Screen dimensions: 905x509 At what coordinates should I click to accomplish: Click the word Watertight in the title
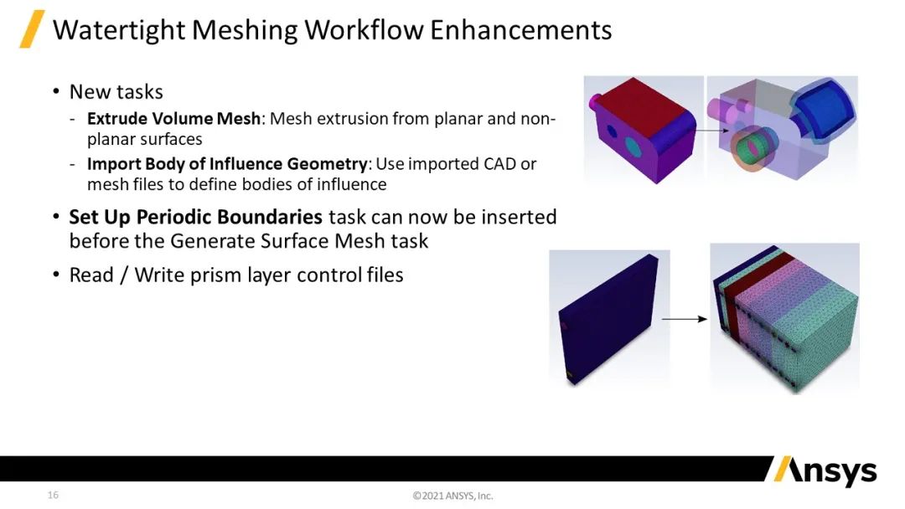pyautogui.click(x=118, y=30)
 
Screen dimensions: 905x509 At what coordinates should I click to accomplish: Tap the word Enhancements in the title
pyautogui.click(x=520, y=30)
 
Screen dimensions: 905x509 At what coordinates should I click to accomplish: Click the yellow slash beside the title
pyautogui.click(x=32, y=28)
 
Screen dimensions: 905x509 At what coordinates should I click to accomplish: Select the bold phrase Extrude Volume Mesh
pyautogui.click(x=173, y=118)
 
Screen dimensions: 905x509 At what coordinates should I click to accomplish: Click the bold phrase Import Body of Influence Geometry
pyautogui.click(x=227, y=164)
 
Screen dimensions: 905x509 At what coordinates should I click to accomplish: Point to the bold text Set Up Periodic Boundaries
pyautogui.click(x=195, y=217)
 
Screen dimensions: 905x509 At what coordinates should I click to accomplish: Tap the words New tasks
pyautogui.click(x=116, y=91)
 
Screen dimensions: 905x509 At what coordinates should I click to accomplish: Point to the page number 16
pyautogui.click(x=53, y=495)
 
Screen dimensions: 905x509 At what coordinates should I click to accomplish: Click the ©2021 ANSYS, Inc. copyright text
pyautogui.click(x=453, y=496)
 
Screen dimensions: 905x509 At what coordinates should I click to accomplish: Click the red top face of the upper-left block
pyautogui.click(x=642, y=106)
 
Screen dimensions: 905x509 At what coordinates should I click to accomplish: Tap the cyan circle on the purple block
pyautogui.click(x=633, y=147)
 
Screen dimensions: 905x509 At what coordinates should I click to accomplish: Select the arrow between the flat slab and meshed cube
pyautogui.click(x=685, y=319)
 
